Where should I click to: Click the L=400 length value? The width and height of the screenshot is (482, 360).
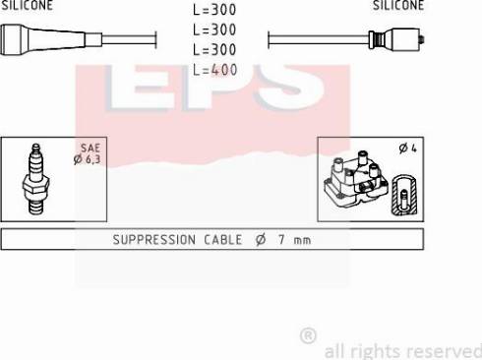214,70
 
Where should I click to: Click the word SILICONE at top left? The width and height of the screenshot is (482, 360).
27,5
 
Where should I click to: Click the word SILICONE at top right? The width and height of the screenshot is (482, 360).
398,5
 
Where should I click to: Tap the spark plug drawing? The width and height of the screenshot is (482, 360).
36,179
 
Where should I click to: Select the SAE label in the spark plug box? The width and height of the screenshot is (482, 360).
90,148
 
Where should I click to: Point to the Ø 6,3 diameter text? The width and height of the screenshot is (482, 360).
87,159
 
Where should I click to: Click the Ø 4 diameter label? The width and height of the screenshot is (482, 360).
407,149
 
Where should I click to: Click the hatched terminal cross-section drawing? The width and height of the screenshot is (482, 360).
404,196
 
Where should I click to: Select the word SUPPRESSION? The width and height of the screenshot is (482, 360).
154,240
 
